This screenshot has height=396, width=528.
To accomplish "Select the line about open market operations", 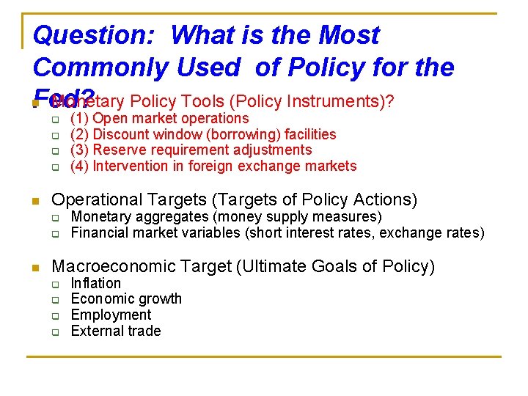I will (159, 118).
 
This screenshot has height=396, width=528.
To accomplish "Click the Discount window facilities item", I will (203, 134).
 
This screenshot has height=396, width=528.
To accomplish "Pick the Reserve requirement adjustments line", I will (191, 150).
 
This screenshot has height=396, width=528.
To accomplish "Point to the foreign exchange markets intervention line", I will (213, 166).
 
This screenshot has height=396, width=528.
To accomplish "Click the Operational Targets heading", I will (234, 199).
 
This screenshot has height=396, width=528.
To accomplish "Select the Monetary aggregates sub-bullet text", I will (226, 216).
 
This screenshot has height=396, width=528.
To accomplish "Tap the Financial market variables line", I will (277, 233).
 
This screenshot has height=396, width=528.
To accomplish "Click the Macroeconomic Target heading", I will (243, 266).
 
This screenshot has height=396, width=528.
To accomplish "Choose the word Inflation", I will (95, 283).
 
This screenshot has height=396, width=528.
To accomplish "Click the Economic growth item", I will (125, 298).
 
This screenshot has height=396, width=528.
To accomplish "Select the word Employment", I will (111, 315).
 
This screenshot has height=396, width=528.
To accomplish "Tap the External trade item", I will (115, 331).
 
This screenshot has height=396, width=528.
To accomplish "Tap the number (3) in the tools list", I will (80, 150).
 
